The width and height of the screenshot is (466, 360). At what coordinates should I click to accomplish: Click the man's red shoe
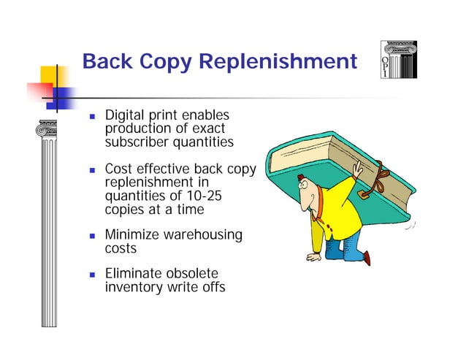365,256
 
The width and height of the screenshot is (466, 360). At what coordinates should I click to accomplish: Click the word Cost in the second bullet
119,169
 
